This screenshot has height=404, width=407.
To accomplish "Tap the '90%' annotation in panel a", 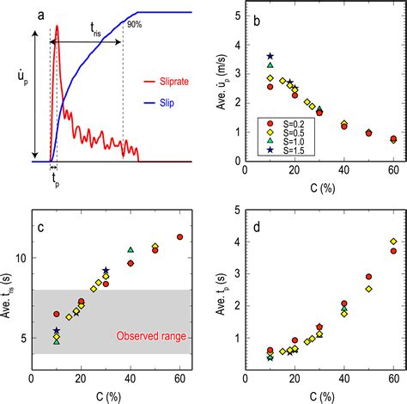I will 133,24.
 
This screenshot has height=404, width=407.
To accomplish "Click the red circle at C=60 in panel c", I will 179,236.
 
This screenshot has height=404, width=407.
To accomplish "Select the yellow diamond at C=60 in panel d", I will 393,242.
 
